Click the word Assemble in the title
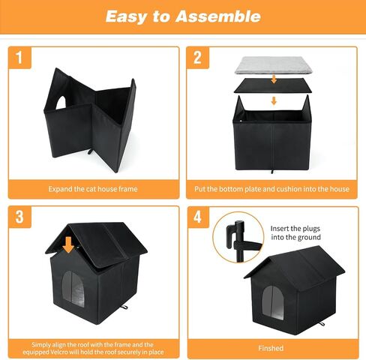point(218,16)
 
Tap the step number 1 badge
point(19,58)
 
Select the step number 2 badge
point(198,58)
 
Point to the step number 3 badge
point(19,217)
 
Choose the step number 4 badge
point(198,217)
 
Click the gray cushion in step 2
point(274,65)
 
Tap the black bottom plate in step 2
point(273,85)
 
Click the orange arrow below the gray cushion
point(274,79)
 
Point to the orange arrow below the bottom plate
point(274,101)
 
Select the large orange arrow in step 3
point(68,244)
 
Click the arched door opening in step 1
point(61,103)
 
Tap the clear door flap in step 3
point(73,289)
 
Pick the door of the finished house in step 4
point(273,302)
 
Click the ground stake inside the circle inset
point(238,241)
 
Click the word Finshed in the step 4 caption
point(271,348)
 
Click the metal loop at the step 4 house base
point(322,324)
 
